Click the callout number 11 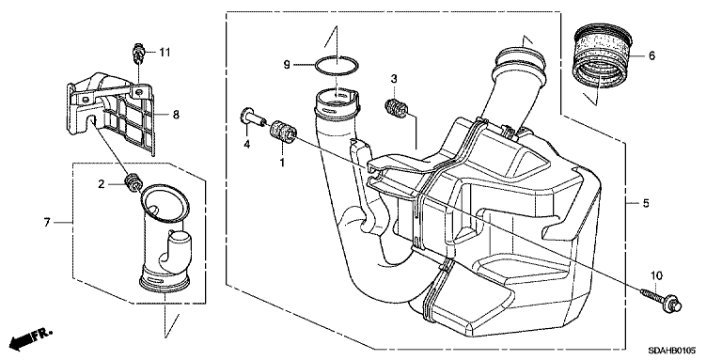[165, 53]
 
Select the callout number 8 [176, 115]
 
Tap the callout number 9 [287, 65]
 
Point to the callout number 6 [651, 55]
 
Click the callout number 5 [646, 202]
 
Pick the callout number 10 [656, 275]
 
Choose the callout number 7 [46, 223]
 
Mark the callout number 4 [247, 145]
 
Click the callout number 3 [394, 79]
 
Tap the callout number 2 [102, 184]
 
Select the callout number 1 [282, 162]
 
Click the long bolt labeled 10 [661, 300]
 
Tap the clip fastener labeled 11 [138, 54]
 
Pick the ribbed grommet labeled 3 [396, 108]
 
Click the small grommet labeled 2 [133, 181]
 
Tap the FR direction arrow [31, 339]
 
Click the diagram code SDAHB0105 [672, 351]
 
